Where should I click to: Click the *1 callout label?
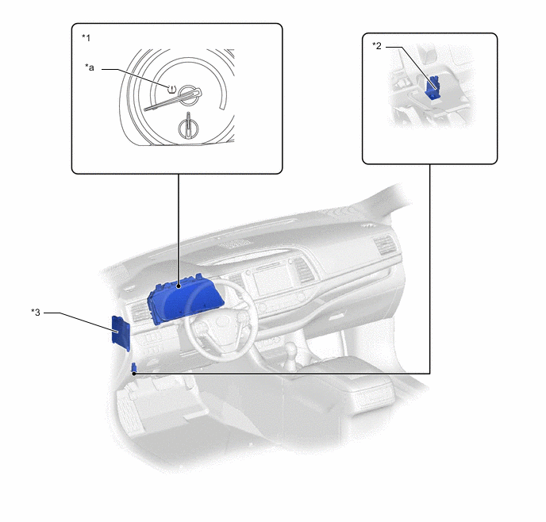(86, 37)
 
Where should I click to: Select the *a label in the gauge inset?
(90, 67)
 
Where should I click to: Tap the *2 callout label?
(377, 45)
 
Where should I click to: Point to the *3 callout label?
(36, 313)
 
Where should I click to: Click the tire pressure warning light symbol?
(172, 89)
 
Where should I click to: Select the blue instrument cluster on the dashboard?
(185, 298)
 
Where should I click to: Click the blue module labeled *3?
(121, 333)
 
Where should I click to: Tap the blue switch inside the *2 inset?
(433, 87)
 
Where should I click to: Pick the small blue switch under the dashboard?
(133, 368)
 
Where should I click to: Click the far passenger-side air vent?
(384, 244)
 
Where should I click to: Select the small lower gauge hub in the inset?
(188, 128)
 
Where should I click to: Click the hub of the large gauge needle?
(190, 94)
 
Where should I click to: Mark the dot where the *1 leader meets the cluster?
(179, 286)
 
